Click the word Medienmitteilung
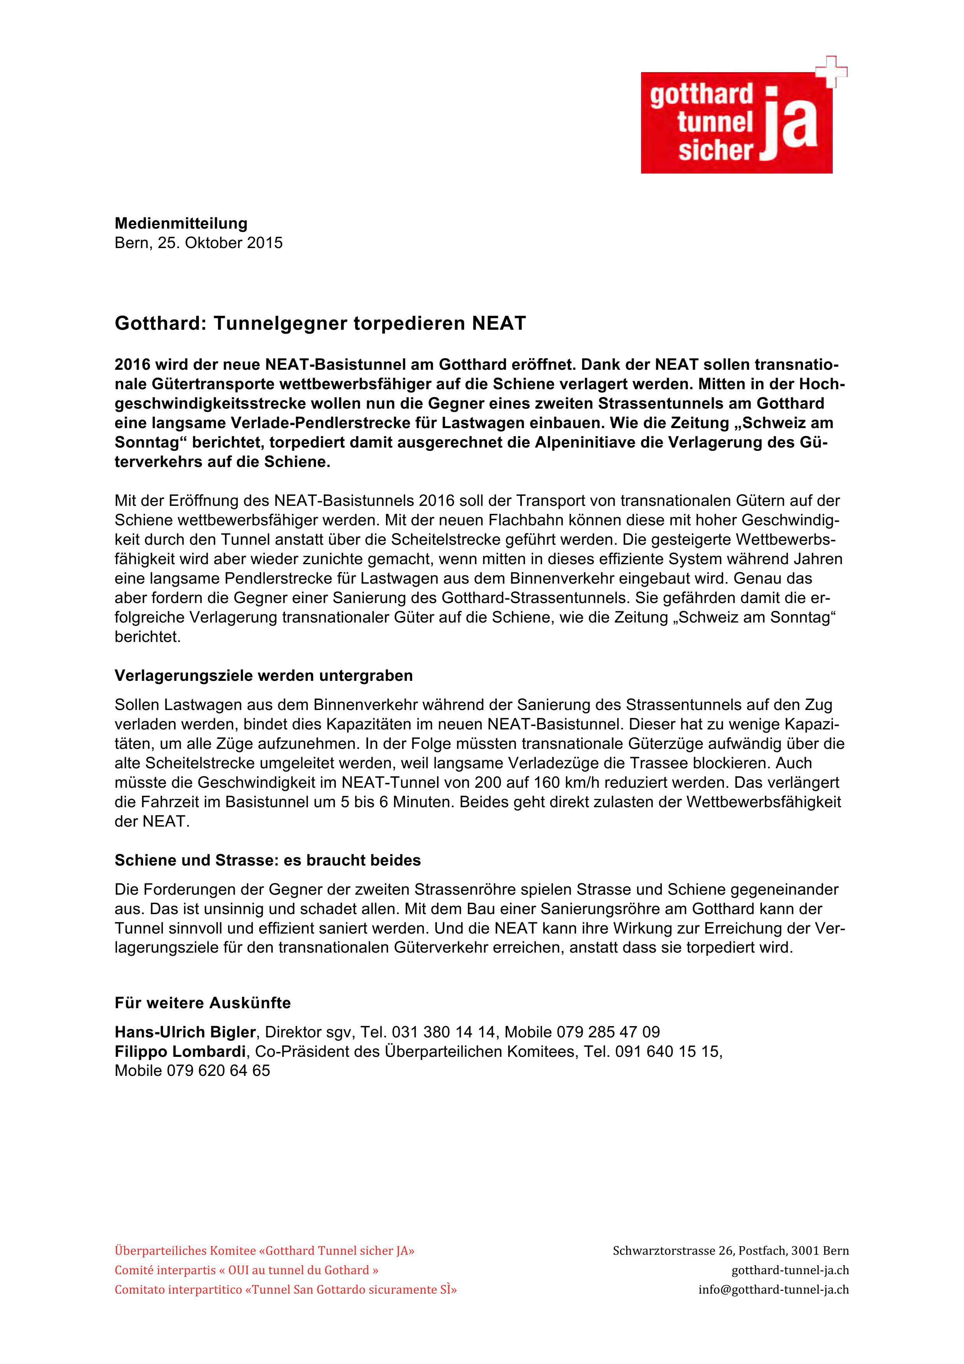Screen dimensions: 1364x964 [x=180, y=223]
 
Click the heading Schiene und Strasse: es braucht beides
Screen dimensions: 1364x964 [x=267, y=860]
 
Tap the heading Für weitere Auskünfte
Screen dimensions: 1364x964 [x=203, y=1003]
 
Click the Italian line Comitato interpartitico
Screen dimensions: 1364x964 [x=285, y=1290]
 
